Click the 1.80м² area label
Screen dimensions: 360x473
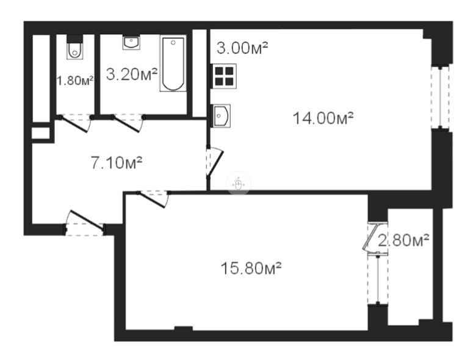pyautogui.click(x=75, y=81)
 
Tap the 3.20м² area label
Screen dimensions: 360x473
pyautogui.click(x=132, y=74)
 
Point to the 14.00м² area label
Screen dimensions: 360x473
pyautogui.click(x=323, y=118)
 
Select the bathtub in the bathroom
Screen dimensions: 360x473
pyautogui.click(x=173, y=64)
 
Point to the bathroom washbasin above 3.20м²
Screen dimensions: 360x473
pyautogui.click(x=131, y=42)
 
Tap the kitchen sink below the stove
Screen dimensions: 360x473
pyautogui.click(x=221, y=115)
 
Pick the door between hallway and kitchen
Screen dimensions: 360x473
pyautogui.click(x=214, y=162)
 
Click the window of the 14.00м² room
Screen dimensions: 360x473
pyautogui.click(x=438, y=97)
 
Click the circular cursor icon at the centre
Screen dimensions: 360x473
pyautogui.click(x=238, y=184)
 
